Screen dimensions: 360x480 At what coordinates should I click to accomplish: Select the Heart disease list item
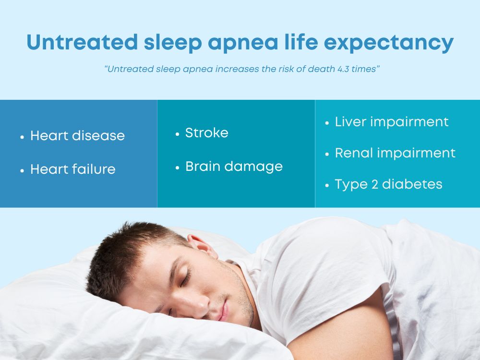[77, 136]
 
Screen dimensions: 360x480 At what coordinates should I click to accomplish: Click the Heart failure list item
[72, 169]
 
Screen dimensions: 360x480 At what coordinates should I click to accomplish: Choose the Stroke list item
[206, 133]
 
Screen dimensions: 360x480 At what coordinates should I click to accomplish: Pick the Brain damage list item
[234, 167]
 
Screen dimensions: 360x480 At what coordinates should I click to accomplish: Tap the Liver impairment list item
[391, 122]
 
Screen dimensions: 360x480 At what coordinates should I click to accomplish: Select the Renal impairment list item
[395, 153]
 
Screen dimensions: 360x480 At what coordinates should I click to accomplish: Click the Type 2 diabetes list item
[388, 184]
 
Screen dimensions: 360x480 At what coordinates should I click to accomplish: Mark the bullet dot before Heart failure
[22, 170]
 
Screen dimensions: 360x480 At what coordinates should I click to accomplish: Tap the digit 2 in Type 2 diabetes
[372, 184]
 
